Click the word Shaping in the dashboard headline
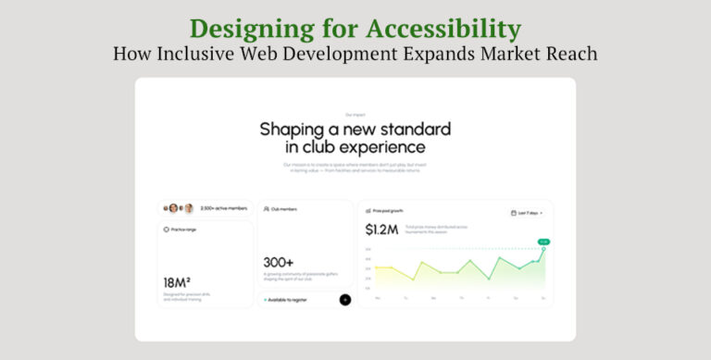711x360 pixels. (x=295, y=129)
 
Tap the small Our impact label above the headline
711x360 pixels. (x=355, y=115)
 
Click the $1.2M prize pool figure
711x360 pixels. (x=381, y=229)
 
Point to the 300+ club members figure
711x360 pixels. (x=278, y=263)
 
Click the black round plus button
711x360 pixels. (x=345, y=299)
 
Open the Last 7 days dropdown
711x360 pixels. (x=526, y=213)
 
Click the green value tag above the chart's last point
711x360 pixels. (x=543, y=242)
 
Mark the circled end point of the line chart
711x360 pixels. (x=543, y=249)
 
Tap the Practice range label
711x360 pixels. (x=183, y=229)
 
